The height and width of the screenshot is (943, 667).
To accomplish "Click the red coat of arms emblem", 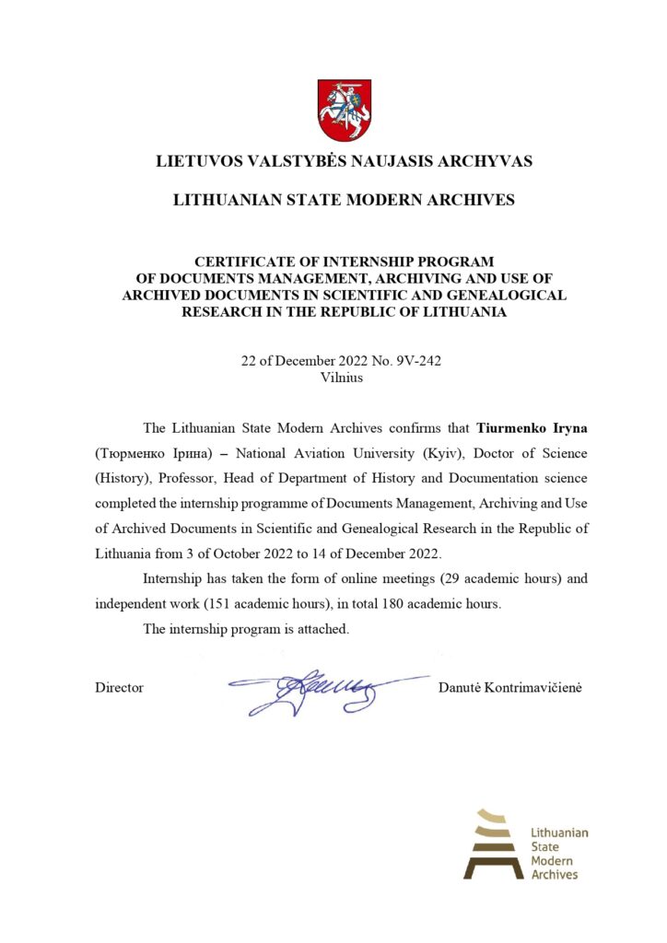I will click(x=345, y=110).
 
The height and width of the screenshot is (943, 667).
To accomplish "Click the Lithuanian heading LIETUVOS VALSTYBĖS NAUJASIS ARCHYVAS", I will click(x=344, y=162).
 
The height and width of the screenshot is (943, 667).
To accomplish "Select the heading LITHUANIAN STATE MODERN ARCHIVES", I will click(x=344, y=200).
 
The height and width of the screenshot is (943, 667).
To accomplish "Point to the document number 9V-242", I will click(x=418, y=361).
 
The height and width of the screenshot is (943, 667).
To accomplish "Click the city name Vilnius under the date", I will click(x=343, y=377).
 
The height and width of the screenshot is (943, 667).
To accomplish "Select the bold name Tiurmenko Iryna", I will click(x=532, y=428).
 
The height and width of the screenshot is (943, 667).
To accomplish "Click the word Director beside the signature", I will click(x=119, y=688).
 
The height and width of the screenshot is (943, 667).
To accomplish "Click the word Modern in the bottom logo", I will click(x=552, y=860).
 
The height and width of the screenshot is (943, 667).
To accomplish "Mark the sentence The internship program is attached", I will click(x=246, y=629).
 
